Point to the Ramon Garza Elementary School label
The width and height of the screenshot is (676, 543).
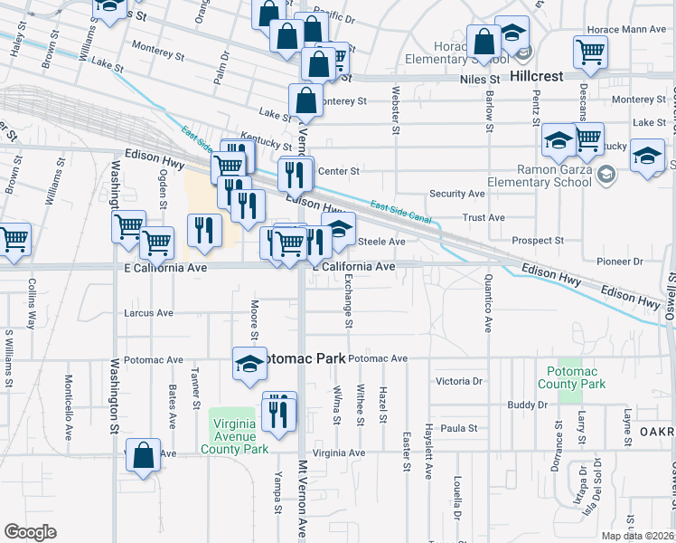pyautogui.click(x=553, y=176)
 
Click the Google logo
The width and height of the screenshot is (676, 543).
pyautogui.click(x=30, y=532)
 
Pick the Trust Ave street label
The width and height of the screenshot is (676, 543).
pyautogui.click(x=484, y=218)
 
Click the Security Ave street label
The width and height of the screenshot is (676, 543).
pyautogui.click(x=457, y=194)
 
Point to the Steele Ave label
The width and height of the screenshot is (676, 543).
pyautogui.click(x=382, y=242)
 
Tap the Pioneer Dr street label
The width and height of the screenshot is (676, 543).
pyautogui.click(x=620, y=262)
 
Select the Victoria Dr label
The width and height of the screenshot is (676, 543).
pyautogui.click(x=459, y=381)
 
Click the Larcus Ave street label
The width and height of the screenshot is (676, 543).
pyautogui.click(x=148, y=313)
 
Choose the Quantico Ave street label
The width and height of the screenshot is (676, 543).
pyautogui.click(x=488, y=303)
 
